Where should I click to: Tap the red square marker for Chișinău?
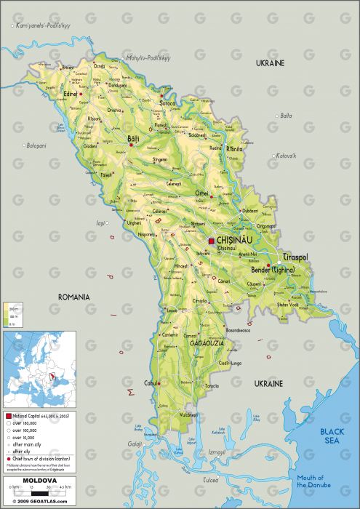tap(212, 241)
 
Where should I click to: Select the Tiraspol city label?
tap(295, 257)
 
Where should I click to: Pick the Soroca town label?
tap(168, 104)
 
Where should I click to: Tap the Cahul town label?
tap(151, 383)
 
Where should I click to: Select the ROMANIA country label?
tap(73, 297)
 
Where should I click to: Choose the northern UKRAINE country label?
tap(269, 64)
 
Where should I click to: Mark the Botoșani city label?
tap(36, 145)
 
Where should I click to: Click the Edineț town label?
tap(70, 93)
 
